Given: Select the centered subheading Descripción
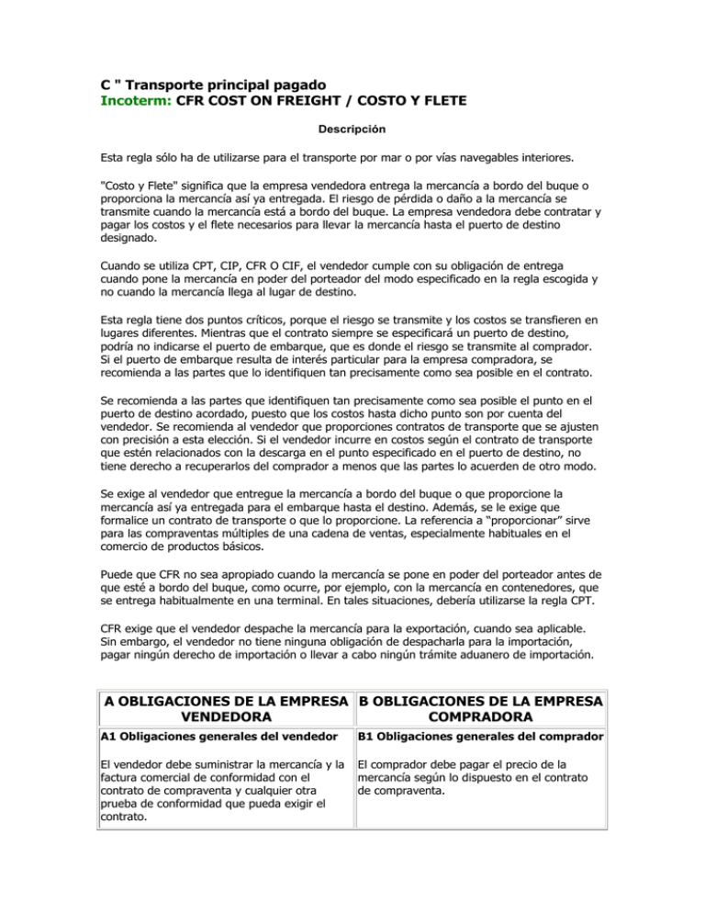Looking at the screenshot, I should [x=352, y=128].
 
